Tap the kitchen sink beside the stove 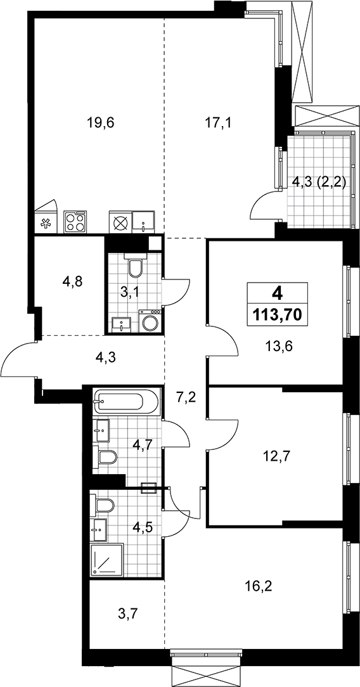pos(143,221)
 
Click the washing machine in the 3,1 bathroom pos(150,321)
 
